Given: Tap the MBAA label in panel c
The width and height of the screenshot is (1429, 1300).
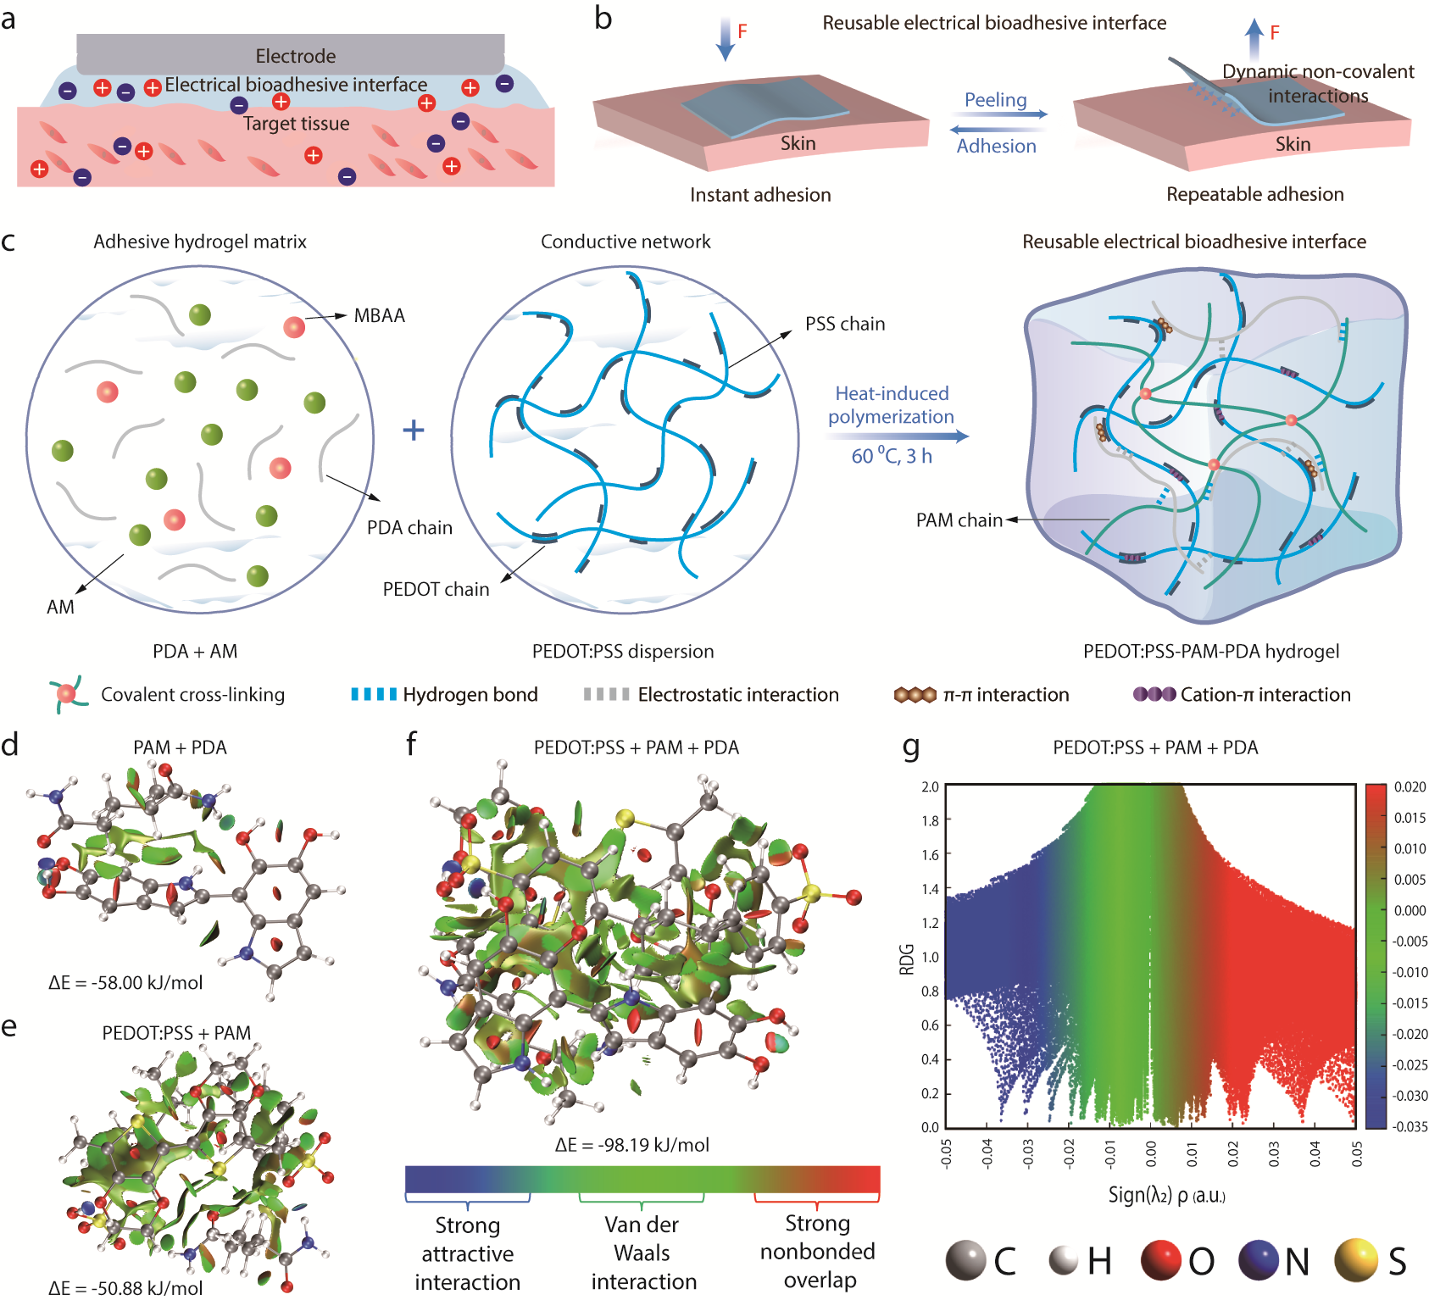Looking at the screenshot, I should [x=379, y=316].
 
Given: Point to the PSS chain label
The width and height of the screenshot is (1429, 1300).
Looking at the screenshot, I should [x=844, y=324].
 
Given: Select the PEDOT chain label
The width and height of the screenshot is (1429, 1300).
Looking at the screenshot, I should [x=436, y=589].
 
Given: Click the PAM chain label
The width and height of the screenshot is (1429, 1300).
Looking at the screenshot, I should [x=959, y=519].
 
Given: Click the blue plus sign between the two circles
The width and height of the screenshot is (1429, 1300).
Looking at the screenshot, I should [x=414, y=431].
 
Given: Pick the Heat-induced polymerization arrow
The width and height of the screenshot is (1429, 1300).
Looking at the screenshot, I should [x=897, y=436].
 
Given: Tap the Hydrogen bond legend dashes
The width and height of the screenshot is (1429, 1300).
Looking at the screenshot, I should [x=374, y=695].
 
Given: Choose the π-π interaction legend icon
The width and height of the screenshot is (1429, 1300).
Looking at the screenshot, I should [x=915, y=695].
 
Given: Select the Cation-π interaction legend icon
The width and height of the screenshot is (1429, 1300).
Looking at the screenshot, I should [x=1154, y=695].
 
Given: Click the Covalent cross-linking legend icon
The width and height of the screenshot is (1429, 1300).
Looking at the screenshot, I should [x=67, y=694].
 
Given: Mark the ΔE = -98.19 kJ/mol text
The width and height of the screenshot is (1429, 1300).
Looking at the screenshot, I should [x=631, y=1145].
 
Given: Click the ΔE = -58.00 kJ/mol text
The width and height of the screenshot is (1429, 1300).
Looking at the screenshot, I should [x=125, y=983].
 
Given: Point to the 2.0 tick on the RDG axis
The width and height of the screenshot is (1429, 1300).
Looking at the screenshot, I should [x=930, y=787].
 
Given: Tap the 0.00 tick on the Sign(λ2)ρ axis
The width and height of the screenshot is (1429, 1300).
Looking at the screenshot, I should [x=1150, y=1153].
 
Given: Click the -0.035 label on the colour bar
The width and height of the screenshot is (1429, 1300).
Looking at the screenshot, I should [x=1410, y=1126].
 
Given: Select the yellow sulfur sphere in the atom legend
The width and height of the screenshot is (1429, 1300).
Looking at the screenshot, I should [x=1355, y=1260].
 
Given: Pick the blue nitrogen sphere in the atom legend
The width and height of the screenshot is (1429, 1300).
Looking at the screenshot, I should [x=1259, y=1260].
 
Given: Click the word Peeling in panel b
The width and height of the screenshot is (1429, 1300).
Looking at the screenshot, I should [x=995, y=100].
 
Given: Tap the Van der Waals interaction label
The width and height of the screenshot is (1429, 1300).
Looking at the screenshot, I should [x=642, y=1253].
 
